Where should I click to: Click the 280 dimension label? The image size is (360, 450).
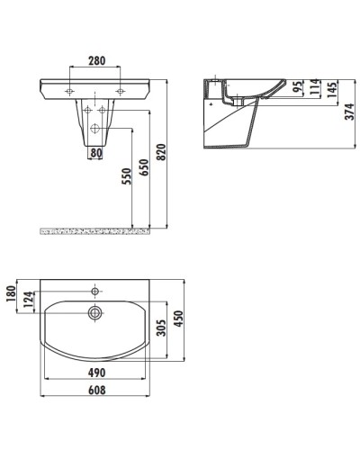point(95,62)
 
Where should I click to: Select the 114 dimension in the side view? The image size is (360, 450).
point(314,89)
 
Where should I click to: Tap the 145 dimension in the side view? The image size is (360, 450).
point(332,91)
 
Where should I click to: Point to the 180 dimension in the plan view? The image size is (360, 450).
point(10,297)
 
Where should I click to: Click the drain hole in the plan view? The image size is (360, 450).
point(93,313)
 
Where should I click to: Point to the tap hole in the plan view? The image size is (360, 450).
point(93,291)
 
